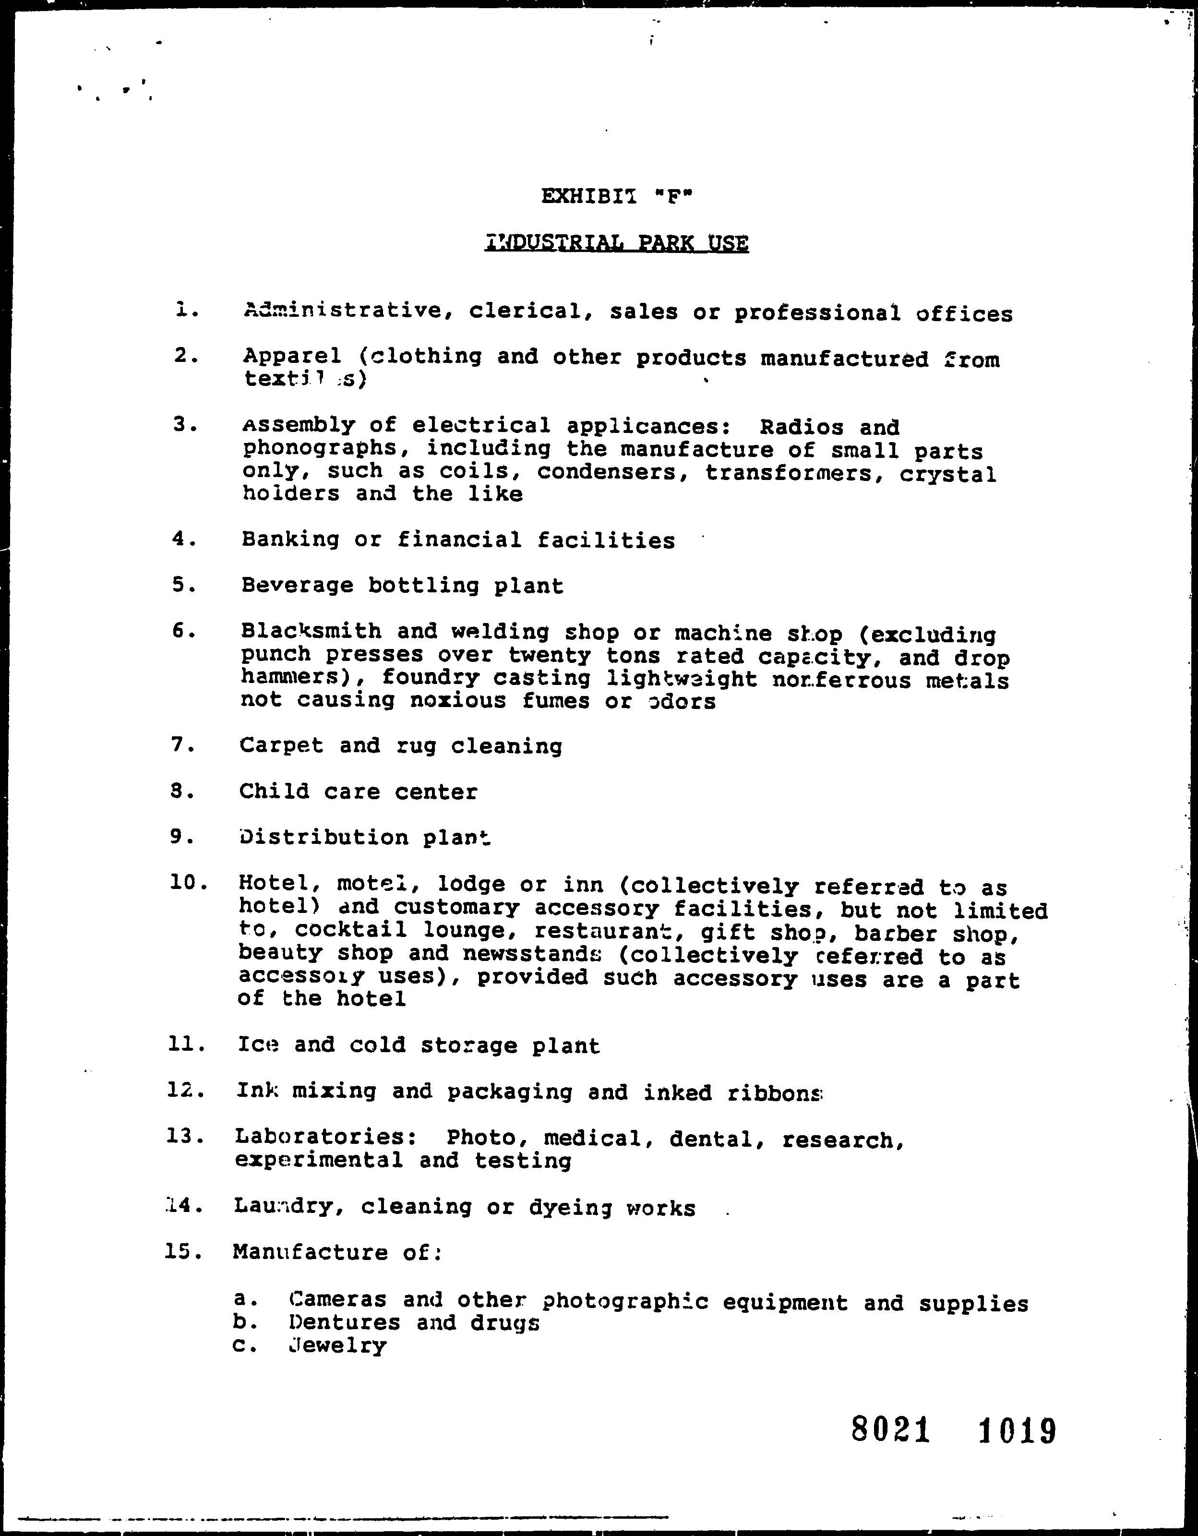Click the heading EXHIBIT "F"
(617, 196)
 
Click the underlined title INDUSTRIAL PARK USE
(617, 243)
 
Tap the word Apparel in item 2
(292, 357)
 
